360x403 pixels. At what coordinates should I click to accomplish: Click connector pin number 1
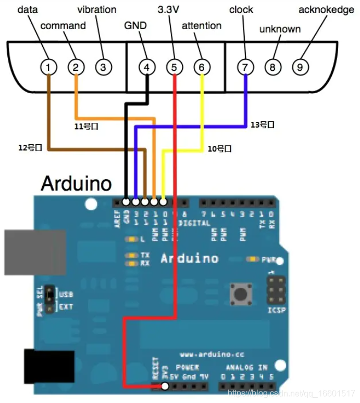pos(48,67)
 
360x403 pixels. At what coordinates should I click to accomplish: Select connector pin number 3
pos(103,67)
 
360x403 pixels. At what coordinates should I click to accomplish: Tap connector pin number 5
pos(175,67)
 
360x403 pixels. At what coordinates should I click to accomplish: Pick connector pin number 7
pos(245,67)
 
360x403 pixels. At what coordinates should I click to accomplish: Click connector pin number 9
pos(300,67)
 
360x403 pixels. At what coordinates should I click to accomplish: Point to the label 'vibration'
pos(97,10)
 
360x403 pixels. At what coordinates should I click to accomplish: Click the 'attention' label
pos(202,26)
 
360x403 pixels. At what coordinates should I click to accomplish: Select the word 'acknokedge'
pos(326,10)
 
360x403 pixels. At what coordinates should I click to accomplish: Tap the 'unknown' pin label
pos(280,29)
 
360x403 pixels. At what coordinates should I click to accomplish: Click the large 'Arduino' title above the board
pos(76,183)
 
